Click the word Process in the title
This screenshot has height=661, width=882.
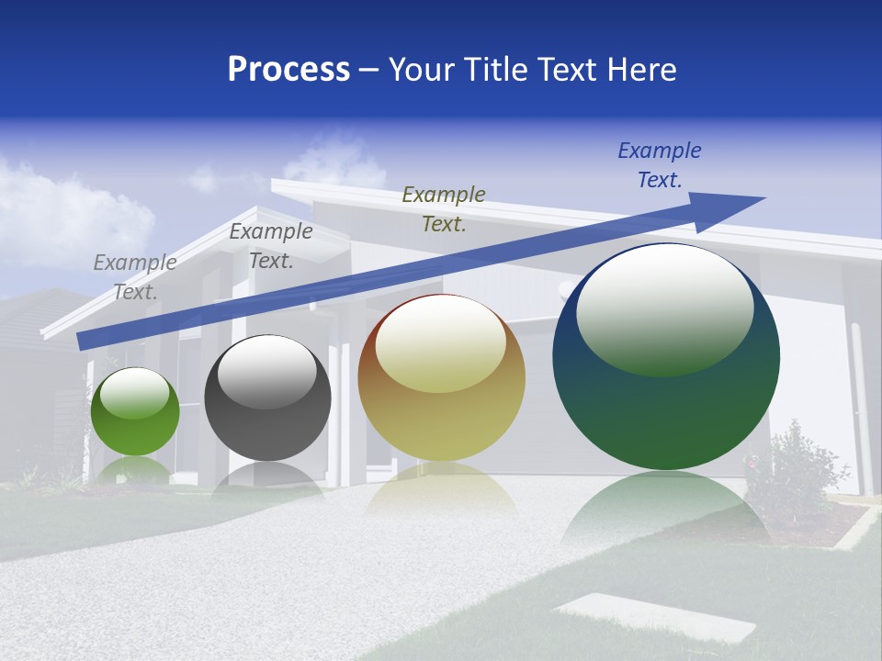tap(288, 70)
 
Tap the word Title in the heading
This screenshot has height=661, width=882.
tap(495, 70)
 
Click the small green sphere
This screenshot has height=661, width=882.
tap(135, 427)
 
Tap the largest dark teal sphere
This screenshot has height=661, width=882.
tap(666, 413)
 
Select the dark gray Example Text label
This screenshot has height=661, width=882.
tap(271, 246)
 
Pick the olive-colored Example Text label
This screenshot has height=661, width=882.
tap(444, 209)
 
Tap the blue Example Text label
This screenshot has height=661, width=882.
tap(660, 165)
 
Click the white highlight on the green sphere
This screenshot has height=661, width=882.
tap(135, 394)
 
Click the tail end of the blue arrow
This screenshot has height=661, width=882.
tap(83, 342)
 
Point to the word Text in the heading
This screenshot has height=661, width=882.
tap(570, 70)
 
